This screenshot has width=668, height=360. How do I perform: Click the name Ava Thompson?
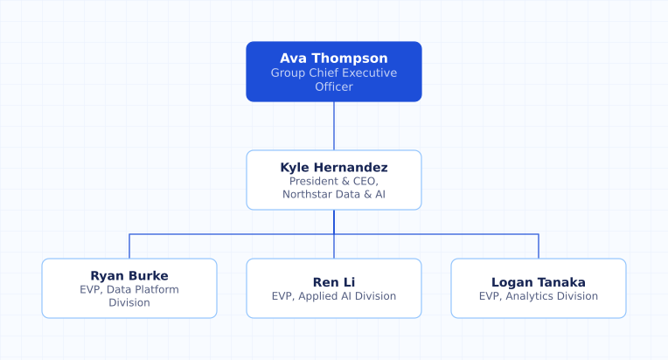tap(334, 59)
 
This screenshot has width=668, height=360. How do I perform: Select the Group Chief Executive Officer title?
tap(334, 80)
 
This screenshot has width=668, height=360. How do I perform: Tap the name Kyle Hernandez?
tap(334, 167)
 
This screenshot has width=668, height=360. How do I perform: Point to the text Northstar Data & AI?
tap(334, 195)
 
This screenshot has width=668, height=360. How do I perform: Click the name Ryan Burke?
tap(129, 276)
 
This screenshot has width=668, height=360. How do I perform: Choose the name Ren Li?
tap(334, 282)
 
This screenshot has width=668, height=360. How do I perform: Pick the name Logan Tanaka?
tap(538, 282)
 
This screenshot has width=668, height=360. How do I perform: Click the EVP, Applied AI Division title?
tap(334, 296)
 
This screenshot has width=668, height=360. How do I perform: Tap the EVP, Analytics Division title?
tap(538, 296)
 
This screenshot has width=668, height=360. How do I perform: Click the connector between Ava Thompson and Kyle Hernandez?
tap(334, 126)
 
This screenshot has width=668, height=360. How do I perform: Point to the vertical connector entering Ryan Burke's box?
tap(129, 246)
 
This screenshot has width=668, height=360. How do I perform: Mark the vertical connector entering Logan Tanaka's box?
tap(539, 246)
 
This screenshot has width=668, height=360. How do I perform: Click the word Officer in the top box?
tap(334, 87)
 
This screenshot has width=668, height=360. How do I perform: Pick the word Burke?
tap(150, 276)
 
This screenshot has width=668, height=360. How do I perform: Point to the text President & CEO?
tap(334, 181)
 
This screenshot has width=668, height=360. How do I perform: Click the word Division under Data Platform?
tap(129, 303)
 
